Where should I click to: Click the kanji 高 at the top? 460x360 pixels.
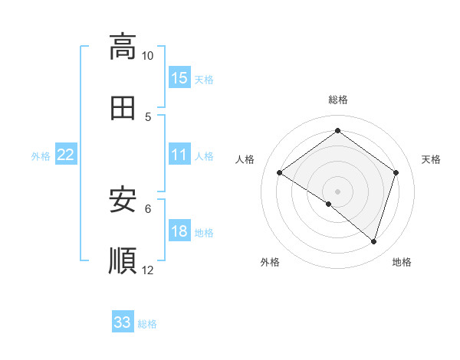[x=123, y=47]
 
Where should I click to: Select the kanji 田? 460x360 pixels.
[x=123, y=108]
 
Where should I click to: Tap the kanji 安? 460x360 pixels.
[x=123, y=200]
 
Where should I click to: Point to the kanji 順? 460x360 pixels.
[x=123, y=261]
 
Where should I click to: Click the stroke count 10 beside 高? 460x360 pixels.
[x=147, y=56]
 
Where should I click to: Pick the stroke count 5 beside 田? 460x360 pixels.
[x=148, y=117]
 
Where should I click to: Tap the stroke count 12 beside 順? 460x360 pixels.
[x=148, y=270]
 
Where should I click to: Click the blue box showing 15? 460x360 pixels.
[x=179, y=78]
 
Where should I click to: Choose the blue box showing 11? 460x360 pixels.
[x=179, y=155]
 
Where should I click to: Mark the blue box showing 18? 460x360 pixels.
[x=179, y=232]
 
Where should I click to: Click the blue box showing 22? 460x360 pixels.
[x=66, y=155]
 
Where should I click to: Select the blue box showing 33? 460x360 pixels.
[x=123, y=322]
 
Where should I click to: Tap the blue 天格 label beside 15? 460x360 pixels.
[x=204, y=79]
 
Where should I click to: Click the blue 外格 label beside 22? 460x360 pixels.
[x=41, y=156]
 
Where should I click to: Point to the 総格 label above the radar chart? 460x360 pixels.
[x=338, y=100]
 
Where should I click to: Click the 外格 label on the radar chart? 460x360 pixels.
[x=269, y=262]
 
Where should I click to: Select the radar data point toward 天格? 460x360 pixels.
[x=396, y=172]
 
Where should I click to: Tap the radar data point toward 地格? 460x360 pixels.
[x=373, y=241]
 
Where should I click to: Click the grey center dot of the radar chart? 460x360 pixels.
[x=338, y=191]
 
